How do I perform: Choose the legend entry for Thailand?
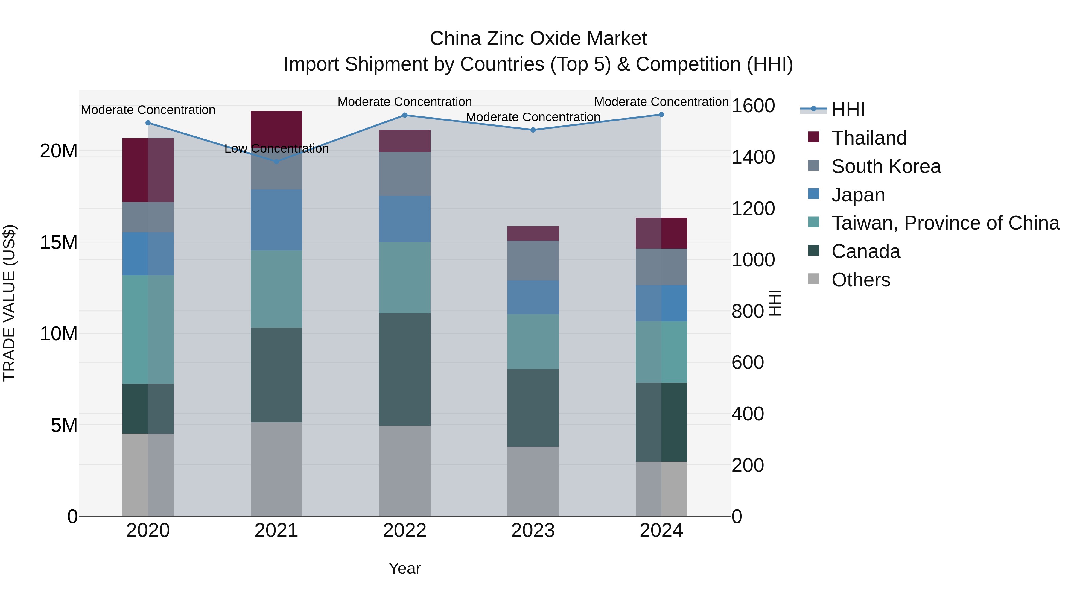tap(869, 138)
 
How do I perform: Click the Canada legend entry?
tap(865, 251)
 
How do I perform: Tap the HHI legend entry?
tap(848, 110)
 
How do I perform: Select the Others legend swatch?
tap(814, 279)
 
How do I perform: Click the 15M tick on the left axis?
tap(59, 242)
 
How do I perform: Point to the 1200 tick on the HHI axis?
tap(753, 209)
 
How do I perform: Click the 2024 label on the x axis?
tap(661, 531)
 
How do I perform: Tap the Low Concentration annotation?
tap(276, 148)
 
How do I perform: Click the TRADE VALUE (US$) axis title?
tap(9, 303)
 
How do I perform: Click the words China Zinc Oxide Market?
tap(538, 39)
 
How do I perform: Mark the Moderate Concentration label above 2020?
tap(148, 110)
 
